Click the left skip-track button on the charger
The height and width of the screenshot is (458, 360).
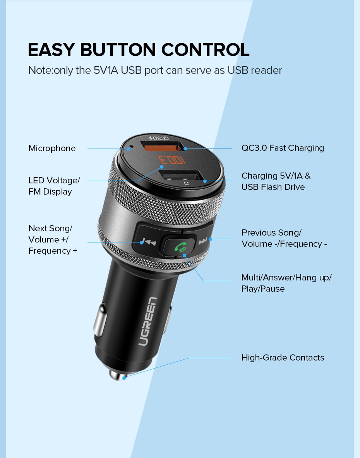(x=147, y=242)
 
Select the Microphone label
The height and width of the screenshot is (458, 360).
(x=52, y=149)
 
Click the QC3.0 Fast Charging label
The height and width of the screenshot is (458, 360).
(x=283, y=148)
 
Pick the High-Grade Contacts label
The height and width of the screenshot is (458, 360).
(x=283, y=357)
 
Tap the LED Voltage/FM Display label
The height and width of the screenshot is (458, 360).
(x=54, y=186)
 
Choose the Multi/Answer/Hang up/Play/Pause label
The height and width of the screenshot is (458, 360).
(x=286, y=283)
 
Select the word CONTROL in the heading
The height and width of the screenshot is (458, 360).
(x=206, y=50)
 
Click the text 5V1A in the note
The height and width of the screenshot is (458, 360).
(x=106, y=70)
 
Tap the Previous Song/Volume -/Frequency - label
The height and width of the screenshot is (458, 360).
(x=284, y=238)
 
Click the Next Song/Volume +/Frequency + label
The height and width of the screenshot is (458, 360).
(x=53, y=239)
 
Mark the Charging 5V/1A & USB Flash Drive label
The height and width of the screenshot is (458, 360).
(x=276, y=181)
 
